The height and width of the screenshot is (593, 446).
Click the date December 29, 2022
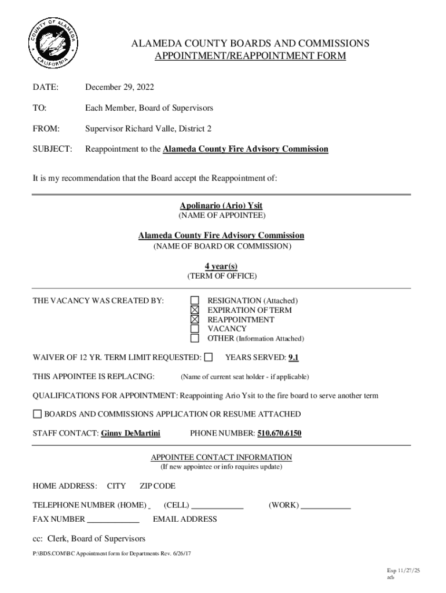pos(119,87)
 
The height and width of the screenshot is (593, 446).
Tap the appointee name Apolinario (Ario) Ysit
pos(221,206)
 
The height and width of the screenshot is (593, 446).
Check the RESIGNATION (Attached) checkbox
pos(195,301)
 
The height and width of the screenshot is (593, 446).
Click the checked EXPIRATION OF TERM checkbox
pos(195,310)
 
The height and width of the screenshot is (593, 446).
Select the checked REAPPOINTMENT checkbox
pos(195,319)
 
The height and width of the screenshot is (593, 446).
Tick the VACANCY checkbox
pos(195,328)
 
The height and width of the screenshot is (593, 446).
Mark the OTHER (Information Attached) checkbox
pos(195,338)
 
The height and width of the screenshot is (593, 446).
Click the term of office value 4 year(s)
pos(221,266)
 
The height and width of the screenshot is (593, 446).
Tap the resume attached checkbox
pos(38,414)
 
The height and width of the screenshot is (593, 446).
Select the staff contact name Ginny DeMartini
pos(130,433)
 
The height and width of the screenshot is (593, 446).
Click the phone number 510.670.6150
pos(279,433)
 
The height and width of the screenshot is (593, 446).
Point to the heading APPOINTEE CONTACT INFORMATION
pos(221,457)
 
